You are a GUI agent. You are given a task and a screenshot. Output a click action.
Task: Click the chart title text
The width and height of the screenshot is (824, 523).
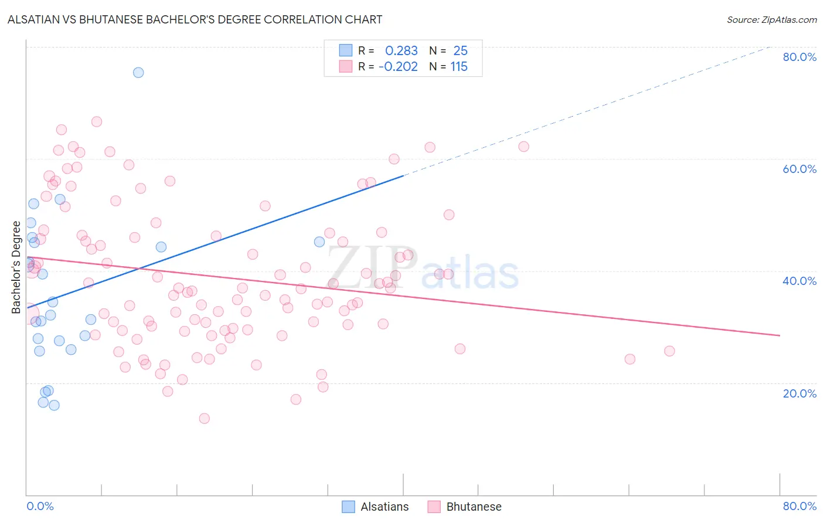195,19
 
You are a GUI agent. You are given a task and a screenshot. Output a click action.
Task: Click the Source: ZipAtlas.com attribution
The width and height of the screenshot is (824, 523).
771,19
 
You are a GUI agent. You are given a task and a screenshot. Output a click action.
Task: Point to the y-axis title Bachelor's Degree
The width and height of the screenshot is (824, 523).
16,267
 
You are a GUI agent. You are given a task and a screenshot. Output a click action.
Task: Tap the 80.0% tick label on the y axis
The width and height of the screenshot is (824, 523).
799,57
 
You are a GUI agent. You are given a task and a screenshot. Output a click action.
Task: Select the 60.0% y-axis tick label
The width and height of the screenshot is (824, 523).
799,169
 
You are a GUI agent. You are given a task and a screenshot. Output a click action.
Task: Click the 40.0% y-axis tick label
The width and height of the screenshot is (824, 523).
799,281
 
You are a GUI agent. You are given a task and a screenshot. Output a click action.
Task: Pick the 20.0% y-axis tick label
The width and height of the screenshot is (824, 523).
799,393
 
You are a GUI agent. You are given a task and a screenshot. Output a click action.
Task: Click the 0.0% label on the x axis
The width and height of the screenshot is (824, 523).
40,506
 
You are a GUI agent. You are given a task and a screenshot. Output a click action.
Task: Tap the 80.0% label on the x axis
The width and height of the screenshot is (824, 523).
799,506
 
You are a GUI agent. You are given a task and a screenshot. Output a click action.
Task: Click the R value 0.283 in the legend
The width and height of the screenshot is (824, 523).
401,51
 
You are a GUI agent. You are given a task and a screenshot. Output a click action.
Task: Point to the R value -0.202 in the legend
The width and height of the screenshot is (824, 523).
399,67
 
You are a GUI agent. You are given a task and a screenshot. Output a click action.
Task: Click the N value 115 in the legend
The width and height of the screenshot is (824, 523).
459,67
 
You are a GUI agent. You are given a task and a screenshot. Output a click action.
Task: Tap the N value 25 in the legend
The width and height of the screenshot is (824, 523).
460,51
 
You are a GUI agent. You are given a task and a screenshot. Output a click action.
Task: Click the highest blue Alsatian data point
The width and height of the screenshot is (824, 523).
138,73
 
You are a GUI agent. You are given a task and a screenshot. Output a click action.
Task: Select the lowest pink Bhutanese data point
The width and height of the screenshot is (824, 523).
205,419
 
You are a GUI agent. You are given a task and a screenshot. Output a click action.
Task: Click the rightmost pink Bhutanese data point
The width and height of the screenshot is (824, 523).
669,351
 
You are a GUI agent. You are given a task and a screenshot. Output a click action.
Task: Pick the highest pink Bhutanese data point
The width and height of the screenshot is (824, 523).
97,122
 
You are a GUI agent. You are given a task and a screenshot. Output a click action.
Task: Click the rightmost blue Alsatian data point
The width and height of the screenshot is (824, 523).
319,242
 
